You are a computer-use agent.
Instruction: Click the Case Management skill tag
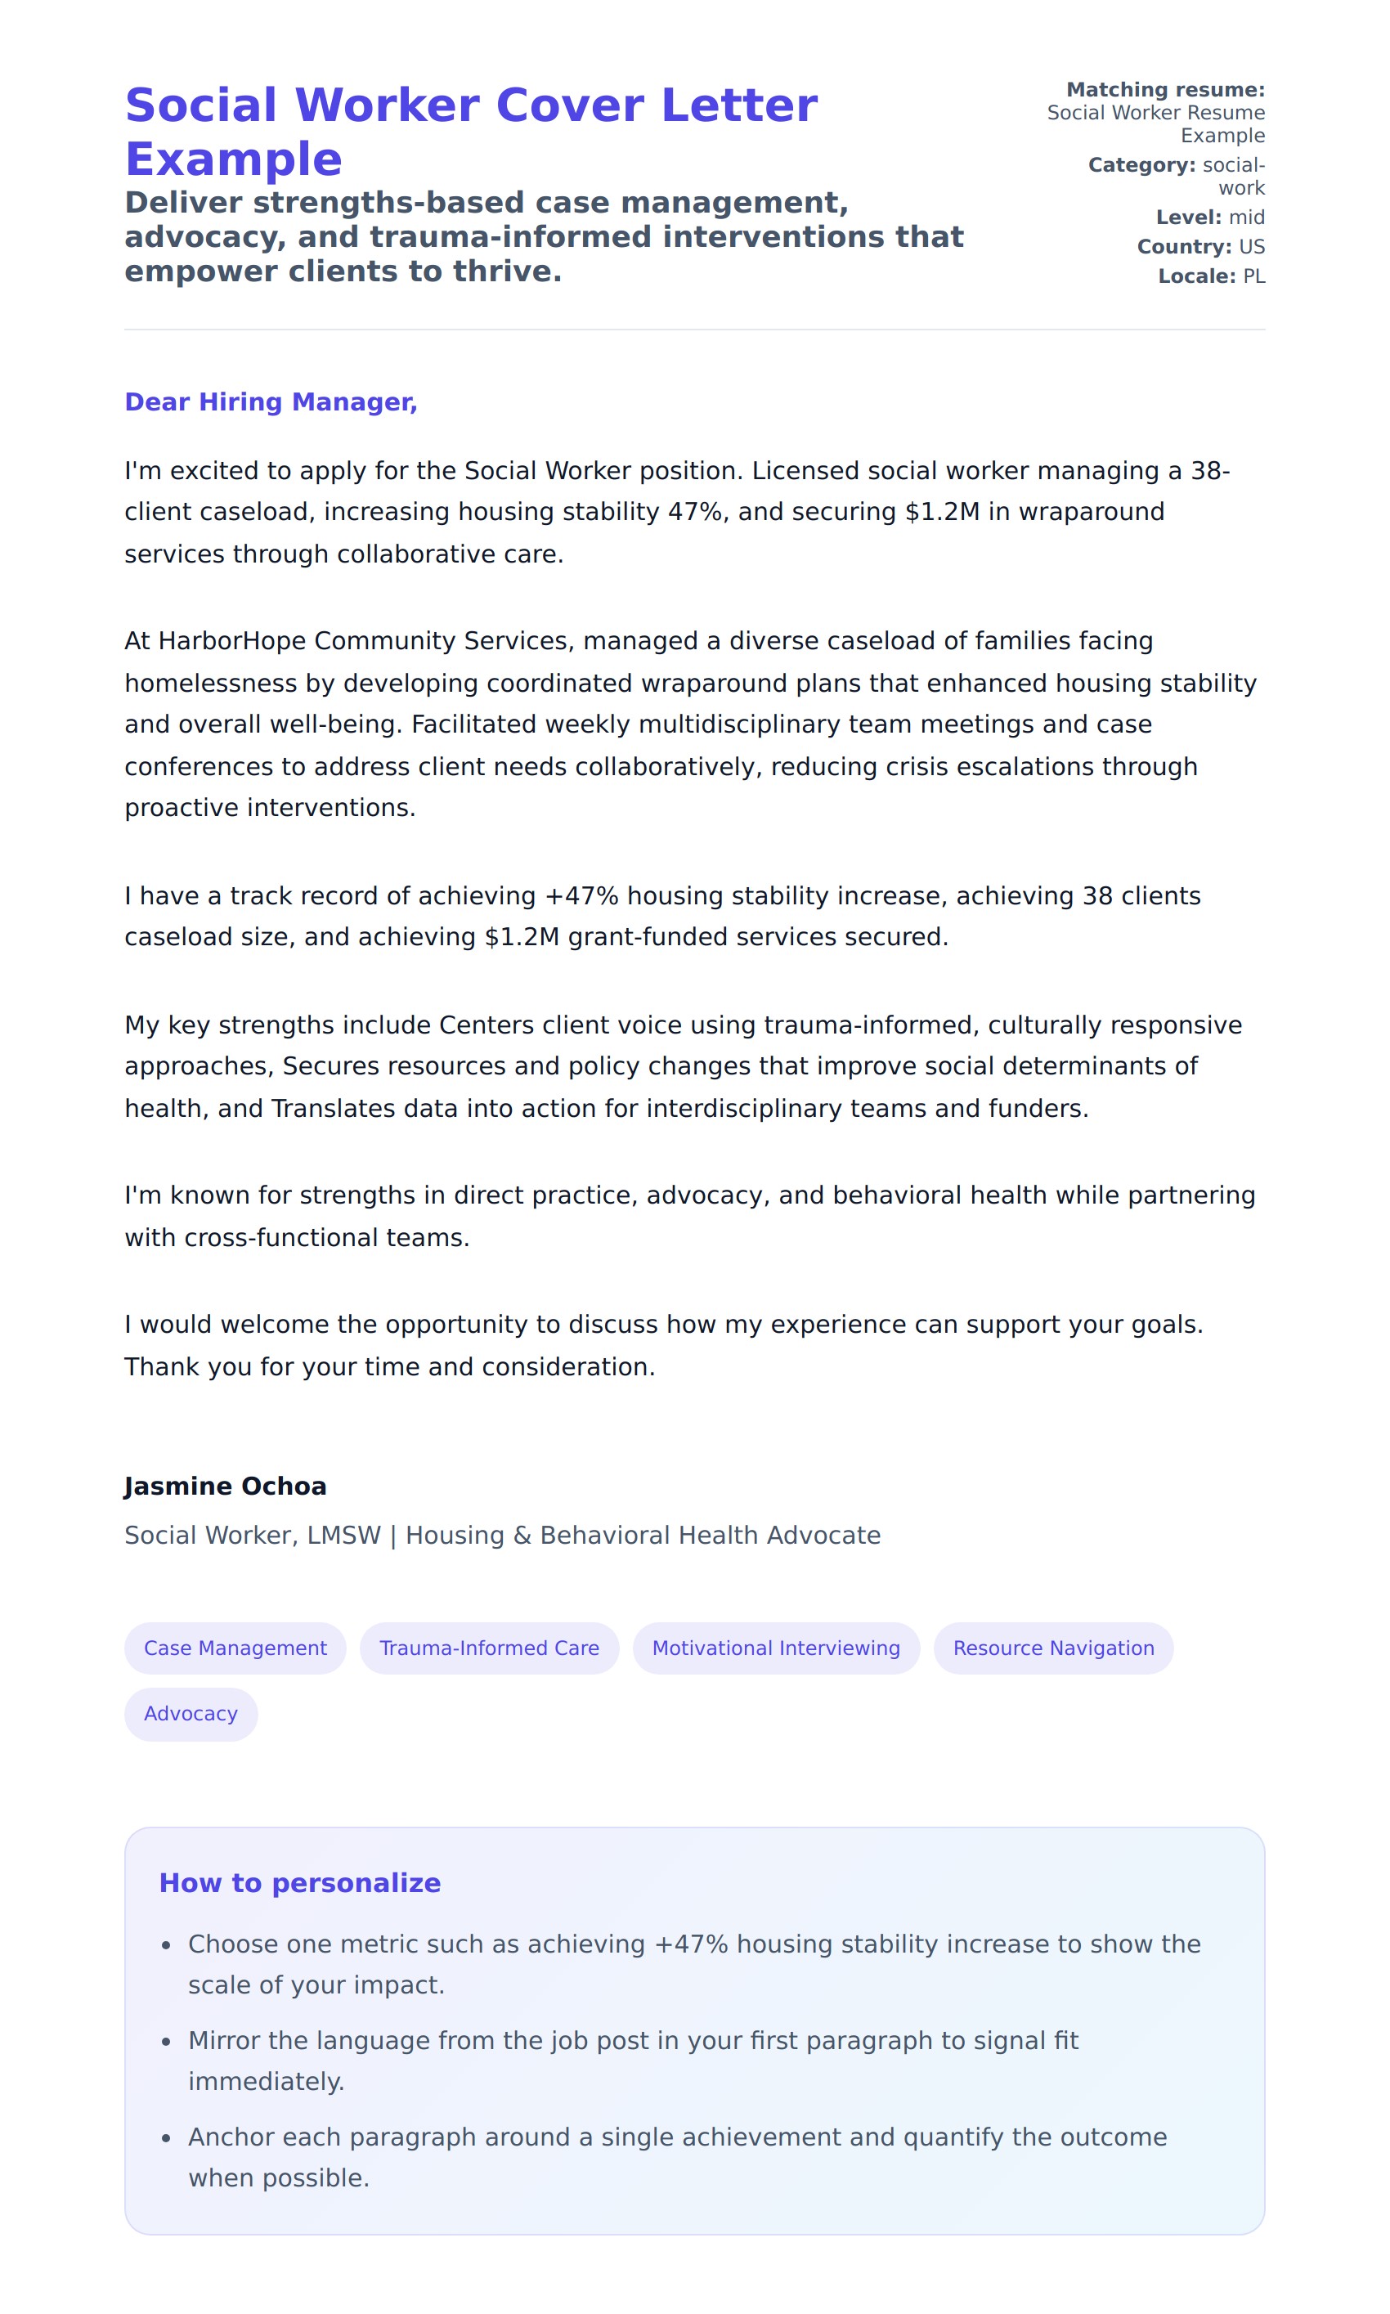tap(235, 1648)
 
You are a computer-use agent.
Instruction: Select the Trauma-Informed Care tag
tap(489, 1648)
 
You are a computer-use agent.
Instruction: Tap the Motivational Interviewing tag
tap(776, 1648)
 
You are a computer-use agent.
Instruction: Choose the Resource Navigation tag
tap(1053, 1648)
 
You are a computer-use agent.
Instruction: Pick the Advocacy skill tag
tap(191, 1713)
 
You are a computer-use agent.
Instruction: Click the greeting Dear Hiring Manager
tap(271, 401)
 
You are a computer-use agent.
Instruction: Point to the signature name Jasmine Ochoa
tap(225, 1487)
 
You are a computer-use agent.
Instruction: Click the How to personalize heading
tap(300, 1883)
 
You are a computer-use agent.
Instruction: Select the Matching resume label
tap(1165, 90)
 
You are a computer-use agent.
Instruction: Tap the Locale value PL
tap(1253, 276)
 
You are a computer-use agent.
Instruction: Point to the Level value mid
tap(1246, 217)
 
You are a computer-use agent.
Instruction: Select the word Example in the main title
tap(233, 159)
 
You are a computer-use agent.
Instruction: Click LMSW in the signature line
tap(343, 1535)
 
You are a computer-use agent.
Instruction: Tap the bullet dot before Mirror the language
tap(167, 2042)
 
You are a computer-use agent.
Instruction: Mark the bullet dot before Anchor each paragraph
tap(167, 2138)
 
